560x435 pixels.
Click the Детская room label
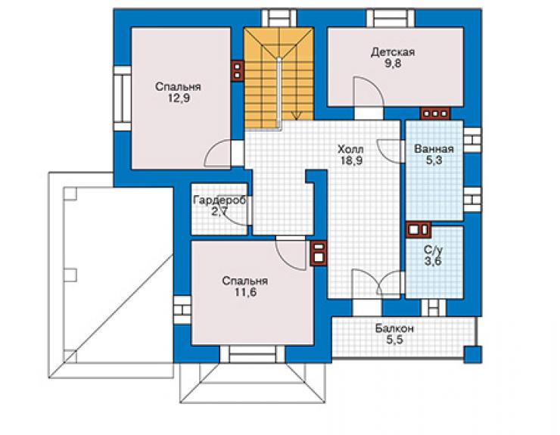393,52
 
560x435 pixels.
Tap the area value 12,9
179,98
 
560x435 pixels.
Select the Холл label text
350,149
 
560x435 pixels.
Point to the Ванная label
434,148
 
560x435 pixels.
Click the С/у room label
433,250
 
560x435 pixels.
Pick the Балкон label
394,328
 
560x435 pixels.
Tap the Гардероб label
219,200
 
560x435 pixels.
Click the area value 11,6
245,293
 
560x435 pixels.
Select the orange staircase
278,78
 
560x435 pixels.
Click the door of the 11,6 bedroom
291,253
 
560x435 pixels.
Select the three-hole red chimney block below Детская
435,113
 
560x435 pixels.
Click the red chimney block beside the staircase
237,70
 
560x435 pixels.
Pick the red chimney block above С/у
418,230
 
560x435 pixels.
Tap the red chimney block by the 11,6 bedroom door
318,252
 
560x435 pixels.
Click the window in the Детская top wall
390,18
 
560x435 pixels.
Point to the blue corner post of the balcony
472,354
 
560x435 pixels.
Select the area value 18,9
351,160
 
